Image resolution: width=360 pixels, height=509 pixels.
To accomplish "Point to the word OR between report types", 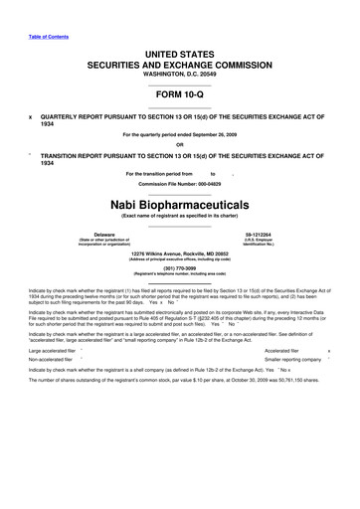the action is point(179,143).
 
